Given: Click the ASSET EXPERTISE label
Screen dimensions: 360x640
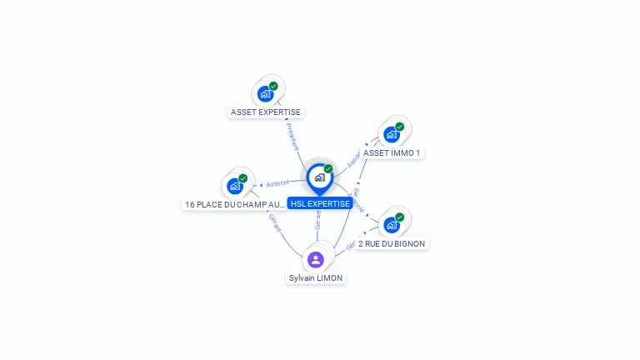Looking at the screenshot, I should point(266,112).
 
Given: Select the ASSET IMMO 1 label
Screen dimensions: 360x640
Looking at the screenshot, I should point(392,153).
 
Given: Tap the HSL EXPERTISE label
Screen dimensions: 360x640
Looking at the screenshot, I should point(320,203).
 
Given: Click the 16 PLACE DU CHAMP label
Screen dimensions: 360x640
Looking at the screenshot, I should point(235,204).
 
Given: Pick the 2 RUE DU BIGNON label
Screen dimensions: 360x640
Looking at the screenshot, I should point(392,244).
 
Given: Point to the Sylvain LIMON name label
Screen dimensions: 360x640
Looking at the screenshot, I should point(316,277).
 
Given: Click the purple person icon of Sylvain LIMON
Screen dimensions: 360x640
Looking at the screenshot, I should point(316,259).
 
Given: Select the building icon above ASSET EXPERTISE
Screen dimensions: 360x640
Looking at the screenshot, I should point(265,93).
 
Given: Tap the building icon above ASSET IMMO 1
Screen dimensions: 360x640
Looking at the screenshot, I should point(391,134).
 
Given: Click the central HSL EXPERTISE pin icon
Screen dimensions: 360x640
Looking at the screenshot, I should point(319,177).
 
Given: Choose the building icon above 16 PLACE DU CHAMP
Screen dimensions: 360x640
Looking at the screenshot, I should point(234,186).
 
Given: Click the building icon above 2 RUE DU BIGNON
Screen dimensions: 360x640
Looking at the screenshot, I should point(391,224).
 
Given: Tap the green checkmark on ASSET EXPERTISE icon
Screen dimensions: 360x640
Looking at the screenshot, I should point(273,86).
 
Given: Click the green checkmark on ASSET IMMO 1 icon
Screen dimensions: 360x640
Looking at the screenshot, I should point(400,127).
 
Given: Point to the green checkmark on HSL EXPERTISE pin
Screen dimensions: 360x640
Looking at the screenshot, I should point(328,168).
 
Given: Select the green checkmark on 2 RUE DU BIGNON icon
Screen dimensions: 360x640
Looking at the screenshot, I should point(400,217).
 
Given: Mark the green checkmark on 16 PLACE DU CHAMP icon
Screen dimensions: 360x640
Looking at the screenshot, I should point(243,178).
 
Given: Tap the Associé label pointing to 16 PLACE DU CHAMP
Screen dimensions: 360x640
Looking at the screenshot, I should point(277,182).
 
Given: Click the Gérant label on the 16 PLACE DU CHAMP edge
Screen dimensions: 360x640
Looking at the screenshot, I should point(274,222).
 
